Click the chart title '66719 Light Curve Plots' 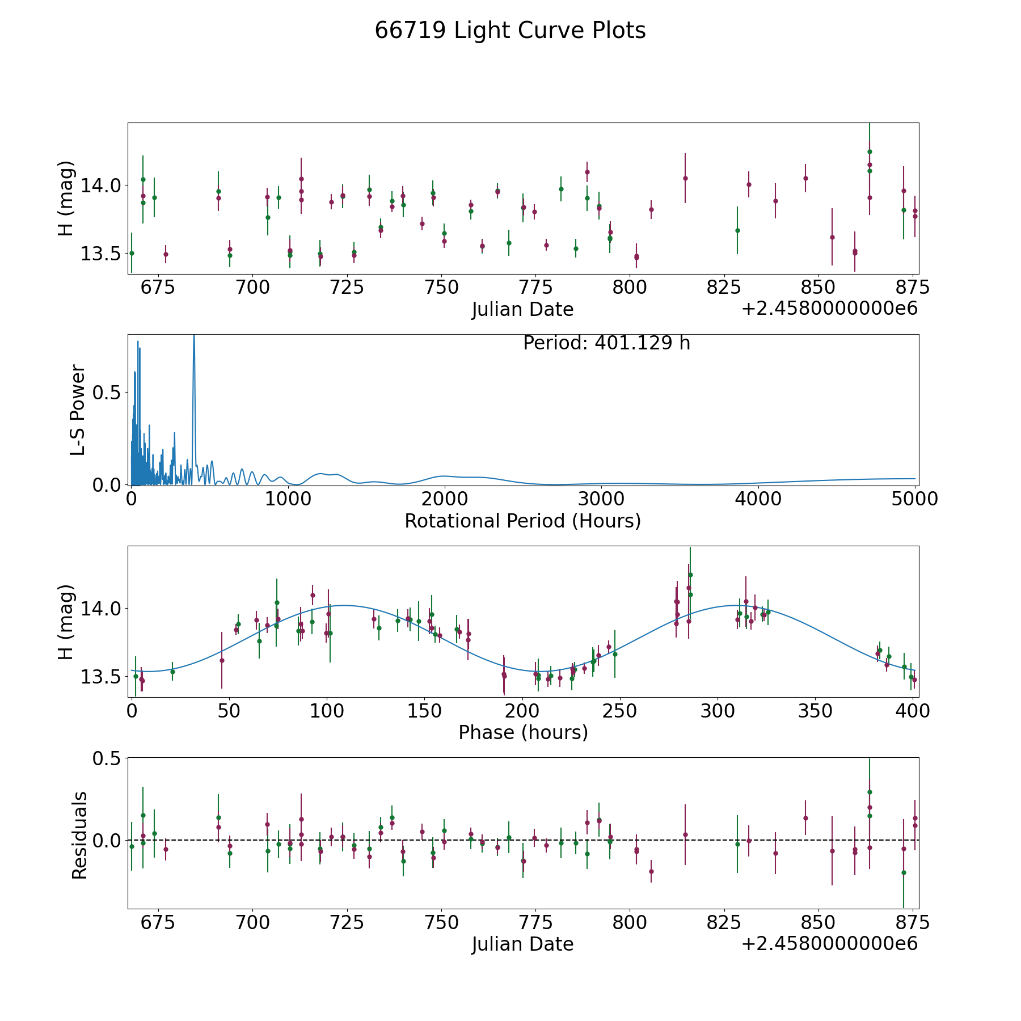tap(510, 31)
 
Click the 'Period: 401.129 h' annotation tap(606, 343)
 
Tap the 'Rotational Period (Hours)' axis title tap(522, 521)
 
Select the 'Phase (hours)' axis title tap(523, 732)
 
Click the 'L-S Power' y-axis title tap(78, 410)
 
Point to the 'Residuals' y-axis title tap(79, 835)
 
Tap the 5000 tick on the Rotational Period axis tap(914, 499)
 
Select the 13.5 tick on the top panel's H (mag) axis tap(100, 254)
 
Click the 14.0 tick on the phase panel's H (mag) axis tap(100, 609)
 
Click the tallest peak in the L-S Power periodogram tap(194, 335)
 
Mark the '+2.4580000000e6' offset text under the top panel tap(829, 309)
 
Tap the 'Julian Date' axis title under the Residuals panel tap(522, 944)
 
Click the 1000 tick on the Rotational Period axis tap(288, 499)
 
